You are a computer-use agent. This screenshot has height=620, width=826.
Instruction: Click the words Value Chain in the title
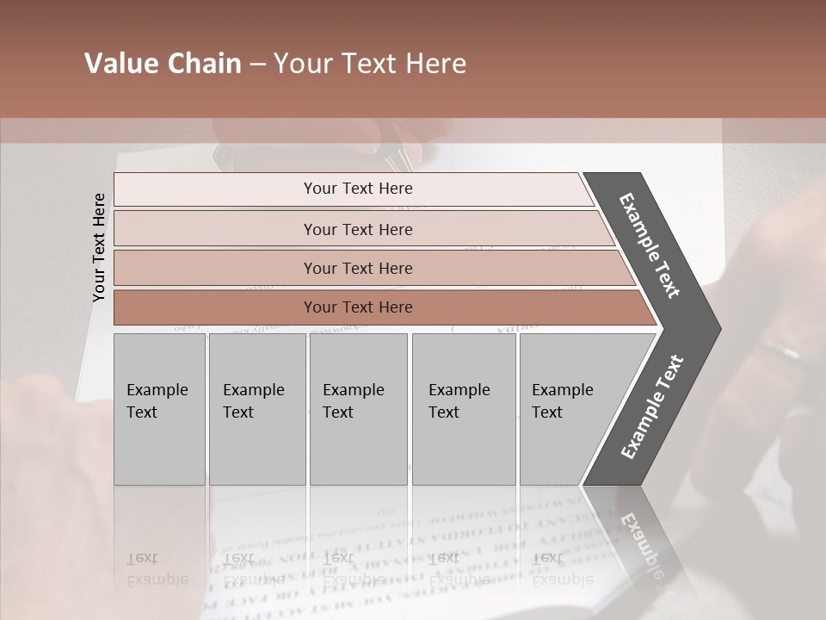[x=163, y=64]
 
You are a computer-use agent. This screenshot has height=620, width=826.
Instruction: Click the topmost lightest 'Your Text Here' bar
[x=357, y=189]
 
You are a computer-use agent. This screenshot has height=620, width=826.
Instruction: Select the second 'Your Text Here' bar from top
[x=357, y=229]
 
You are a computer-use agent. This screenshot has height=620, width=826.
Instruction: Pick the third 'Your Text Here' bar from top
[x=357, y=268]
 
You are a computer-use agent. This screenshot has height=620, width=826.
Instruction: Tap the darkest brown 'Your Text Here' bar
[x=357, y=307]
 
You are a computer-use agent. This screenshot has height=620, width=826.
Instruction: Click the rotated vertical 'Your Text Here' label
[x=99, y=247]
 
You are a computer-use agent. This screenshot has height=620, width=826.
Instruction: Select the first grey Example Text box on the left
[x=159, y=409]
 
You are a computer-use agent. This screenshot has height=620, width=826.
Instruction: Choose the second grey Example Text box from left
[x=256, y=409]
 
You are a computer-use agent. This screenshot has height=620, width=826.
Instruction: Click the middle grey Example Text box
[x=358, y=409]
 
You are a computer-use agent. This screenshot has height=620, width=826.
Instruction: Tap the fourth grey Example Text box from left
[x=464, y=409]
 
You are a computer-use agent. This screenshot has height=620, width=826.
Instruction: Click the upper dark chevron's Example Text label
[x=650, y=245]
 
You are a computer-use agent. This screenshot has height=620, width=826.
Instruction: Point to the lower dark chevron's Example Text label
[x=651, y=407]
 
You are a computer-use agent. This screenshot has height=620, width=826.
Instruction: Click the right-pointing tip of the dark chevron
[x=713, y=328]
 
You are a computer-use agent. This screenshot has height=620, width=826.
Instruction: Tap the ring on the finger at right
[x=781, y=350]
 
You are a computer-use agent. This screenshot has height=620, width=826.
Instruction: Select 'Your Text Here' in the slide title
[x=370, y=64]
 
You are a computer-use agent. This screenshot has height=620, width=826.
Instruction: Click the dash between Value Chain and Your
[x=257, y=65]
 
